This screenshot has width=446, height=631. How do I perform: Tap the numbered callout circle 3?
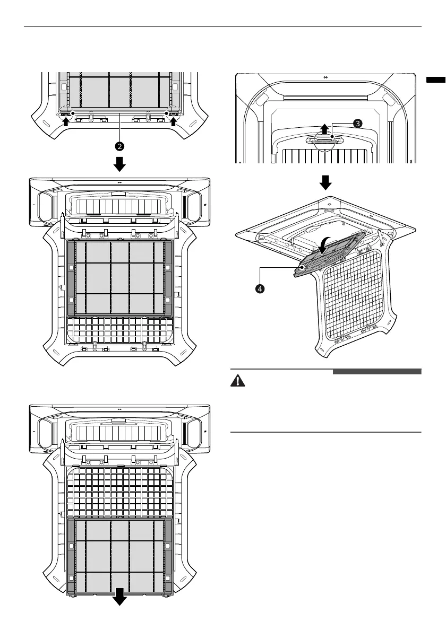click(358, 122)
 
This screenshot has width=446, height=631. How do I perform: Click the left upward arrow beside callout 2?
click(65, 121)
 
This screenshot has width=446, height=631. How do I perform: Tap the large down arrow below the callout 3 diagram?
click(325, 182)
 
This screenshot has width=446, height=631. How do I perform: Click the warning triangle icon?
click(237, 382)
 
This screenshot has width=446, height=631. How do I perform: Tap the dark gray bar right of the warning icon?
click(377, 372)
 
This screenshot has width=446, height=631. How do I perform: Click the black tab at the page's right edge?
click(435, 80)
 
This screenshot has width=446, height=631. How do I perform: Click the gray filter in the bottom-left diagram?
click(120, 555)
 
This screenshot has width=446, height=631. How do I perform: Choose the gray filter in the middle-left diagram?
click(120, 277)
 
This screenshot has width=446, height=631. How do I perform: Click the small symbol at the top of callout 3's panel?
click(325, 77)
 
